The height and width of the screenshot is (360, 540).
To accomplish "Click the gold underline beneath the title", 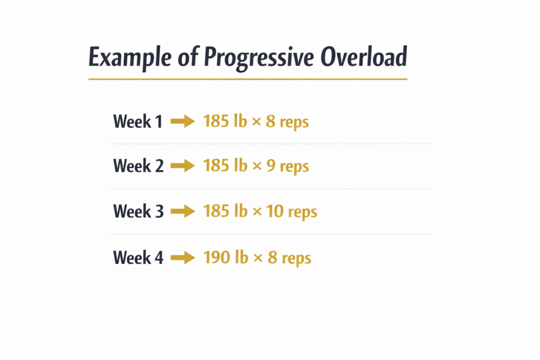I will pyautogui.click(x=248, y=79).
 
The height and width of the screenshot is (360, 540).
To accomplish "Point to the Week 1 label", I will pyautogui.click(x=138, y=122).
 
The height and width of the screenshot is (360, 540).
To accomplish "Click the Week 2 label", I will pyautogui.click(x=138, y=166).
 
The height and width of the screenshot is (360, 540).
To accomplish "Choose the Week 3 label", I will pyautogui.click(x=138, y=211).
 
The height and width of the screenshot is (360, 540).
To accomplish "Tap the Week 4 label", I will pyautogui.click(x=138, y=258).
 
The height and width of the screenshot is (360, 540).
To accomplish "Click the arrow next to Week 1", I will pyautogui.click(x=183, y=122).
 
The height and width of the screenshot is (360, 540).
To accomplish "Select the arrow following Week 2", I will pyautogui.click(x=183, y=167).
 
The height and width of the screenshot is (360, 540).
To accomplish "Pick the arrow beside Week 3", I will pyautogui.click(x=183, y=212).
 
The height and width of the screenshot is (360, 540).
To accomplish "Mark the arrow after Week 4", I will pyautogui.click(x=183, y=258).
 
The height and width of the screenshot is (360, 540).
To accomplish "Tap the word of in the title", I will pyautogui.click(x=185, y=57).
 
